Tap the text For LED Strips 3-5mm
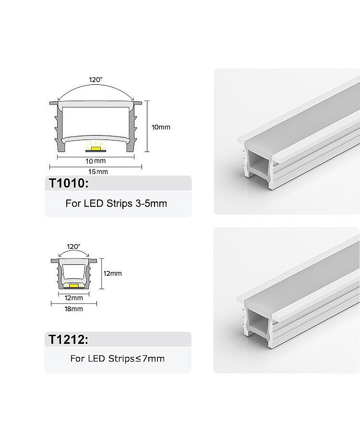[116, 203]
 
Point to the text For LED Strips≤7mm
[117, 358]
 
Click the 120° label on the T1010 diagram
[96, 80]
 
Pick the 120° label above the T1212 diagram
[73, 246]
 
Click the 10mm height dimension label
[161, 128]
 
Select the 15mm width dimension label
[98, 172]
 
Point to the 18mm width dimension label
[74, 309]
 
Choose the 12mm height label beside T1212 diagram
[113, 273]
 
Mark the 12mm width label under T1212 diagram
[74, 298]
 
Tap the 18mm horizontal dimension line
[74, 304]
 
